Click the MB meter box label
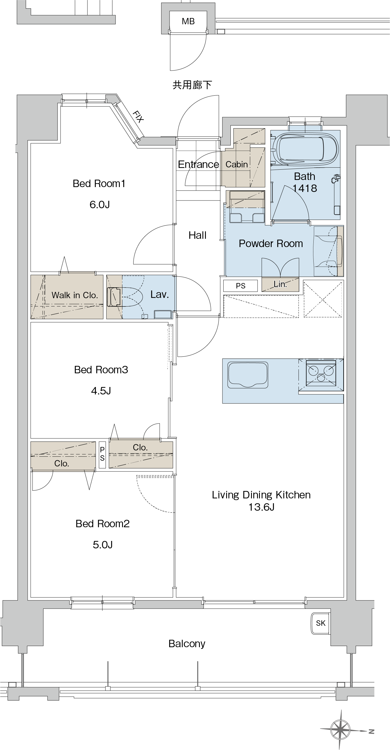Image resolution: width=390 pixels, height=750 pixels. pyautogui.click(x=188, y=21)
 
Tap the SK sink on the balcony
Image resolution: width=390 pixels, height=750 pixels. pyautogui.click(x=320, y=623)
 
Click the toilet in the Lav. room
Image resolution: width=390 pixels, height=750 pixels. pyautogui.click(x=125, y=297)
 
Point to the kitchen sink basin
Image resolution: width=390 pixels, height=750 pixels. pyautogui.click(x=248, y=375)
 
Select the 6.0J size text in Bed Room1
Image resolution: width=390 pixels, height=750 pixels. pyautogui.click(x=100, y=204)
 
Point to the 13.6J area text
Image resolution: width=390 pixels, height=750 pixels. pyautogui.click(x=261, y=507)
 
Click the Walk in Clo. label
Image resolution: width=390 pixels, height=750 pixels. pyautogui.click(x=74, y=295)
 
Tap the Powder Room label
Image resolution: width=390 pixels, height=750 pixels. pyautogui.click(x=271, y=243)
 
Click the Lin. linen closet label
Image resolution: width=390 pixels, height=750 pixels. pyautogui.click(x=280, y=284)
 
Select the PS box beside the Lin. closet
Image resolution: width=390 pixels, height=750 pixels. pyautogui.click(x=240, y=286)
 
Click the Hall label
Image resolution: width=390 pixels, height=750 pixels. pyautogui.click(x=197, y=235)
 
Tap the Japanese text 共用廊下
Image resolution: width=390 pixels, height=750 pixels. pyautogui.click(x=192, y=85)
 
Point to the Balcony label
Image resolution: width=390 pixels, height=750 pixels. pyautogui.click(x=187, y=643)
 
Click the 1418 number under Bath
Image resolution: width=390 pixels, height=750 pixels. pyautogui.click(x=305, y=188)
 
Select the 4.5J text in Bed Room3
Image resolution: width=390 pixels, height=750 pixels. pyautogui.click(x=101, y=390)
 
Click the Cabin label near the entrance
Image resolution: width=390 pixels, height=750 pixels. pyautogui.click(x=237, y=165)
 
